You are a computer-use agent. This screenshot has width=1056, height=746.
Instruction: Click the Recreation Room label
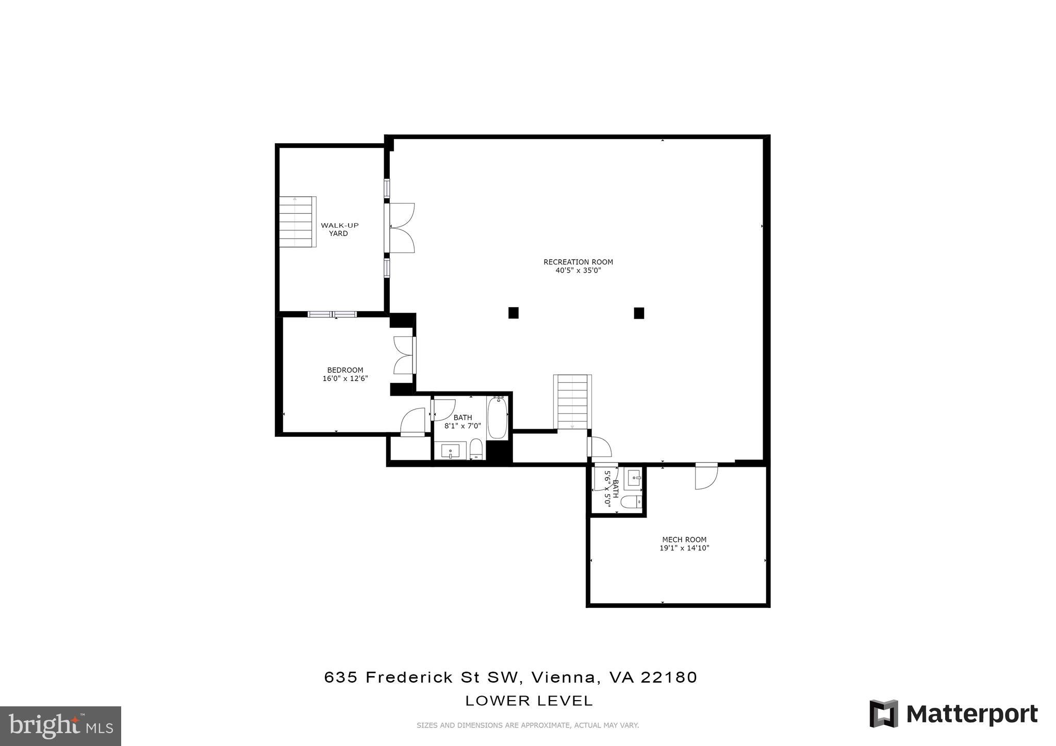[x=578, y=262]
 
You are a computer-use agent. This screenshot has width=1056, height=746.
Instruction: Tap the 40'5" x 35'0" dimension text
[x=578, y=270]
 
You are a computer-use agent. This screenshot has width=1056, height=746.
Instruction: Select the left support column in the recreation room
[x=513, y=313]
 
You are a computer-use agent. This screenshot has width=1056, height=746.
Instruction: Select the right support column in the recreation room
[x=639, y=313]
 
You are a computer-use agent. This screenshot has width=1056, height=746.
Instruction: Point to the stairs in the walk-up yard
[x=297, y=222]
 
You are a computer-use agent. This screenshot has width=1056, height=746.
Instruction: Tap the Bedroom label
[x=345, y=370]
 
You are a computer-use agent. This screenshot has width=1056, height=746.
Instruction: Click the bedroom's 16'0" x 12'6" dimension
[x=345, y=379]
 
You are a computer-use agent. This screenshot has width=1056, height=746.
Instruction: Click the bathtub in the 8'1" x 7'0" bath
[x=498, y=417]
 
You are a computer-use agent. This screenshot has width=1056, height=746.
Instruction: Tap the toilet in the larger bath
[x=476, y=450]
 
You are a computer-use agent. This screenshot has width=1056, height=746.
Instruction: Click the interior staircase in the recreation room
[x=572, y=402]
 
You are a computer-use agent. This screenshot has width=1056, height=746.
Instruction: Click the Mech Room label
[x=684, y=539]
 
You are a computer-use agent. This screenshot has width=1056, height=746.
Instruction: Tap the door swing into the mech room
[x=705, y=477]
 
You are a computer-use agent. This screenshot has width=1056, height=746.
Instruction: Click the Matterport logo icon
[x=884, y=714]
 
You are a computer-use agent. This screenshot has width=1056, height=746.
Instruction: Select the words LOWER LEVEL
[x=529, y=701]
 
